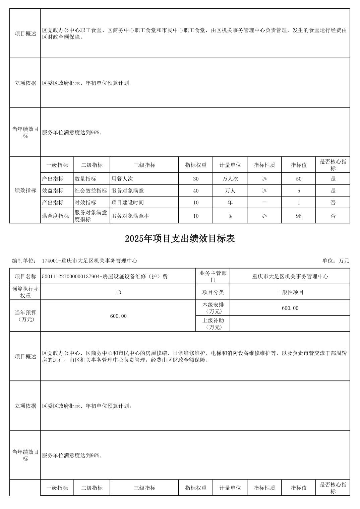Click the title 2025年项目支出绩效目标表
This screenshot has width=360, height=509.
pos(180,238)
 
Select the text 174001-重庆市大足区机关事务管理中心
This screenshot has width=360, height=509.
pos(89,261)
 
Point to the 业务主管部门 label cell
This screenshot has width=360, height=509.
pos(213,276)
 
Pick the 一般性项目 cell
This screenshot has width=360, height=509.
pos(290,292)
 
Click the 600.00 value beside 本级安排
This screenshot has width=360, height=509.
pos(290,308)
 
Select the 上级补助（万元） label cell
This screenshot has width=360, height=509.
pos(213,323)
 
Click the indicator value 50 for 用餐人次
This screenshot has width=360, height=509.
pos(298,179)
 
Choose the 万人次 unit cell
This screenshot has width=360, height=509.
pos(230,179)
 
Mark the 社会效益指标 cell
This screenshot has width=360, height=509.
pos(91,191)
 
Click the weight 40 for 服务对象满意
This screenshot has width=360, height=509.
pos(196,191)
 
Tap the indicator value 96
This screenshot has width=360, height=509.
pos(298,216)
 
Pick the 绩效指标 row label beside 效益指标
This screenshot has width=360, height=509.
pos(25,190)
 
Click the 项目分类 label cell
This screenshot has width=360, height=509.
pos(213,292)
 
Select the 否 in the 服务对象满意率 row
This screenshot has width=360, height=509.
pos(333,216)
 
